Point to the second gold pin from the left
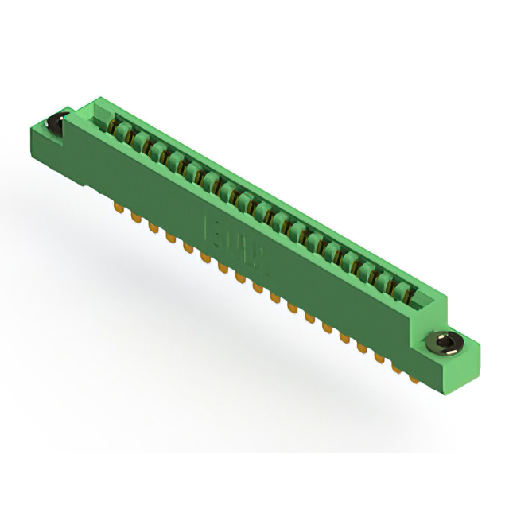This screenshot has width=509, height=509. tap(134, 216)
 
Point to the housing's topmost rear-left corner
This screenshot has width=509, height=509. tap(96, 98)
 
